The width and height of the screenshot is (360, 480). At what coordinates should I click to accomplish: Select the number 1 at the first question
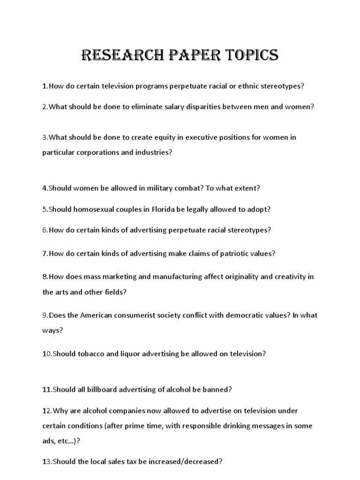coord(44,86)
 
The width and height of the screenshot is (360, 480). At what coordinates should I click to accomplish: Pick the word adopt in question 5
coord(259,210)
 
